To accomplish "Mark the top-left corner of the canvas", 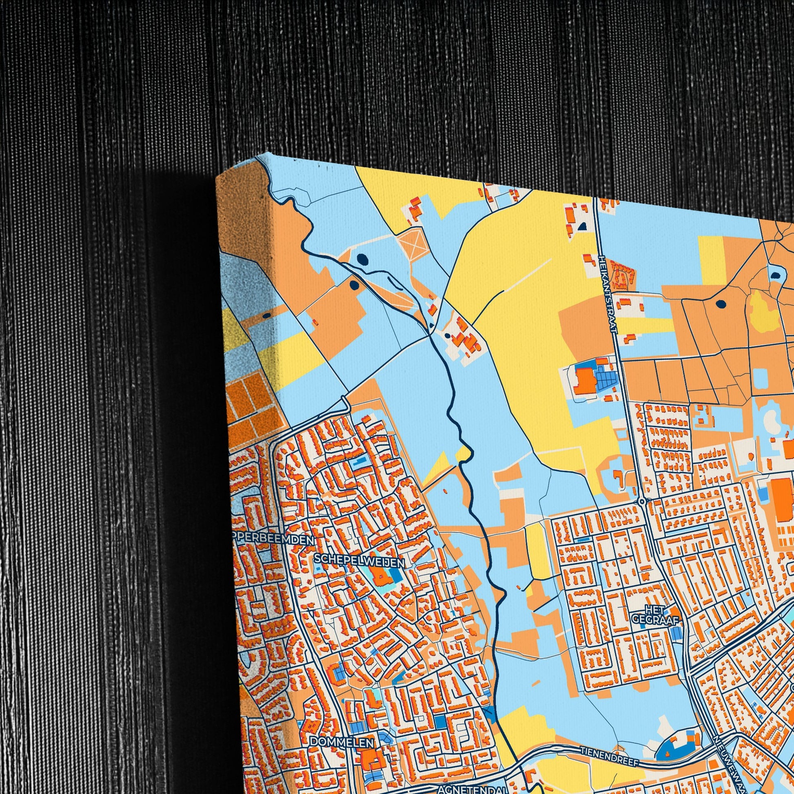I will [217, 177].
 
